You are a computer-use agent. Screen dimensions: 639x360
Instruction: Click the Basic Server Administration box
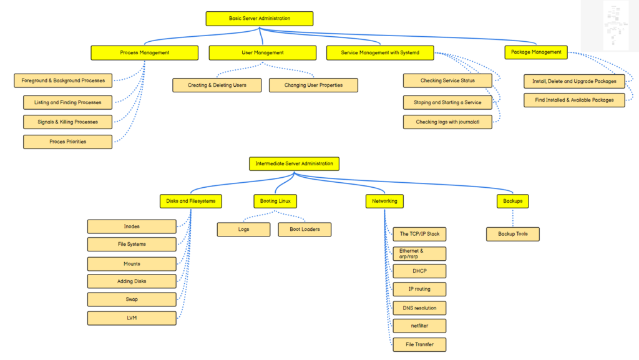click(260, 19)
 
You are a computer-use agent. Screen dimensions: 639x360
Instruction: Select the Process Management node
click(145, 53)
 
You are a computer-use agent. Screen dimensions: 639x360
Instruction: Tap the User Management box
click(263, 53)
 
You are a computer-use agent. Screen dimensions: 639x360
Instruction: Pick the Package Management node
click(536, 52)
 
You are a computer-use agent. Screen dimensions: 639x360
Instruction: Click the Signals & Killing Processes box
click(67, 122)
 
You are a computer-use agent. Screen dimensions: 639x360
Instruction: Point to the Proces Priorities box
click(67, 142)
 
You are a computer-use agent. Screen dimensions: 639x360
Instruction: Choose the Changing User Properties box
click(313, 85)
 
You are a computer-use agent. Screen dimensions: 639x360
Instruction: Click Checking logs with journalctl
click(447, 122)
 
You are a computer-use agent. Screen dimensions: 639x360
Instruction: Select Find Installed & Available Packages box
click(574, 100)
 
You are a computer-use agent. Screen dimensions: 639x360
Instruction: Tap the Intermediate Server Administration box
click(295, 163)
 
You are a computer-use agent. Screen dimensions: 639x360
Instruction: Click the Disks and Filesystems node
click(191, 201)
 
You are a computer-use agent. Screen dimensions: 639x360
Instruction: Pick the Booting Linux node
click(275, 201)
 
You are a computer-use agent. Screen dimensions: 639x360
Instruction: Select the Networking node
click(384, 201)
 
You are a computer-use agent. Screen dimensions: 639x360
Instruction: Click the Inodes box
click(132, 226)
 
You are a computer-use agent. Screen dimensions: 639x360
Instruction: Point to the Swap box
click(132, 299)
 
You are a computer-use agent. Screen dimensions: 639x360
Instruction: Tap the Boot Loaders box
click(305, 229)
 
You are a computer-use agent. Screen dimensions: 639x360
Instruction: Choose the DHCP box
click(419, 271)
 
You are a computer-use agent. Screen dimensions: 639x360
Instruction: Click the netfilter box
click(419, 326)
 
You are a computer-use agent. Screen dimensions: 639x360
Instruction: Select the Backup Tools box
click(513, 234)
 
